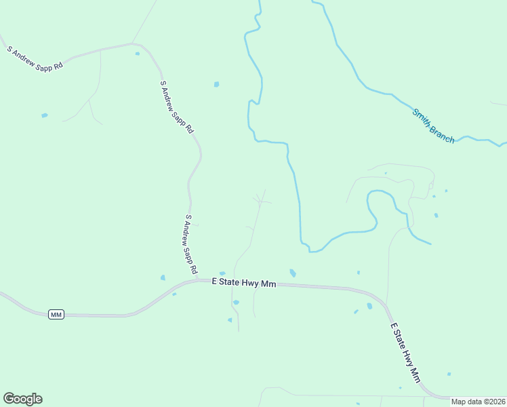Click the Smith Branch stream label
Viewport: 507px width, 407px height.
pos(433,126)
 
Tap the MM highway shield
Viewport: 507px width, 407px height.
pos(56,314)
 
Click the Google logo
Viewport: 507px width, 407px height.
pos(22,399)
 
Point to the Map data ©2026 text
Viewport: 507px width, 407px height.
pos(479,402)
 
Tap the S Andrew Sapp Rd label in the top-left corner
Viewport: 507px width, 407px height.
pos(35,58)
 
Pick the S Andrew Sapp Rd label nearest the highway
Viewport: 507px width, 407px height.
pos(191,245)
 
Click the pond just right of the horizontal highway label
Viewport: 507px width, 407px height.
pos(293,273)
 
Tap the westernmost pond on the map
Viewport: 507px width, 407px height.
pos(45,115)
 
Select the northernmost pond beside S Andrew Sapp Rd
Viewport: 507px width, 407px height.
pos(138,53)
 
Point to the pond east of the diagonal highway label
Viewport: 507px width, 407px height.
pos(449,374)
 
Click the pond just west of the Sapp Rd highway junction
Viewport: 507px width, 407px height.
pos(163,277)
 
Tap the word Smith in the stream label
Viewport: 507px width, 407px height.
pos(422,117)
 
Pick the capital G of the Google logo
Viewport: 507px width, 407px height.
pos(9,398)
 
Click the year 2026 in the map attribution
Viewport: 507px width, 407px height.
pos(494,402)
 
